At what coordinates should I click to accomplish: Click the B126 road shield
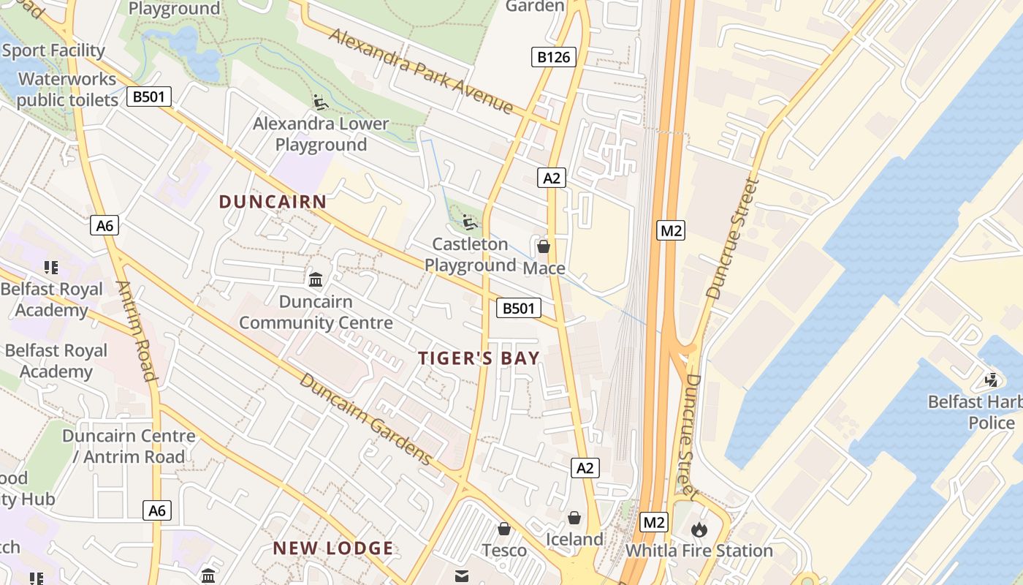(x=553, y=57)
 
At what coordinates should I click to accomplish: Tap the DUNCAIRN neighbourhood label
(x=273, y=202)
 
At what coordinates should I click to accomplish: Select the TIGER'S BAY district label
(x=479, y=358)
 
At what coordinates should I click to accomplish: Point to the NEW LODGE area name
(x=333, y=548)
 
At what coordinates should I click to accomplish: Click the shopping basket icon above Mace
(x=544, y=246)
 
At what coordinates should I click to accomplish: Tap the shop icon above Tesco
(x=504, y=529)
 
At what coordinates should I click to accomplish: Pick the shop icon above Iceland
(x=575, y=518)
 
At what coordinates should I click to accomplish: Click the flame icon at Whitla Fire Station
(x=699, y=529)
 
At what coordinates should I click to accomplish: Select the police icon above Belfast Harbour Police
(x=992, y=380)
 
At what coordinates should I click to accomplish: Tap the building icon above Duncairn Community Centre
(x=316, y=279)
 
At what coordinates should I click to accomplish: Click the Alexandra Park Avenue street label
(x=421, y=71)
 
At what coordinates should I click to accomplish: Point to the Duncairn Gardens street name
(x=366, y=419)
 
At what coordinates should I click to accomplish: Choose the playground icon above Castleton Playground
(x=470, y=221)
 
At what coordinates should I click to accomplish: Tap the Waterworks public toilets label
(x=67, y=89)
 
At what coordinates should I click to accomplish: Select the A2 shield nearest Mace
(x=552, y=178)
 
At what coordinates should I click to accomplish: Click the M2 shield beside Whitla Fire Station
(x=654, y=522)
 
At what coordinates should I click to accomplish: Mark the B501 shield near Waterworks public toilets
(x=149, y=97)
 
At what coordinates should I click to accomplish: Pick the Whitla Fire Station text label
(x=699, y=551)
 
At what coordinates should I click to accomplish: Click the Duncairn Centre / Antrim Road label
(x=129, y=446)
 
